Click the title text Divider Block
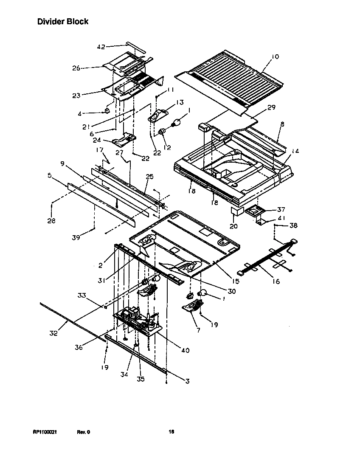tap(63, 21)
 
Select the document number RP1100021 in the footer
tap(45, 432)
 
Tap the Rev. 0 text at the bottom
tap(84, 432)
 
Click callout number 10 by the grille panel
tap(275, 57)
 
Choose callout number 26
tap(76, 68)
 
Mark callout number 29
tap(271, 107)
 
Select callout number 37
tap(281, 209)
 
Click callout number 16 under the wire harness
tap(276, 281)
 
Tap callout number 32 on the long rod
tap(53, 333)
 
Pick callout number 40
tap(185, 350)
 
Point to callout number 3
tap(187, 381)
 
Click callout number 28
tap(52, 221)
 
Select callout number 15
tap(236, 281)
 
